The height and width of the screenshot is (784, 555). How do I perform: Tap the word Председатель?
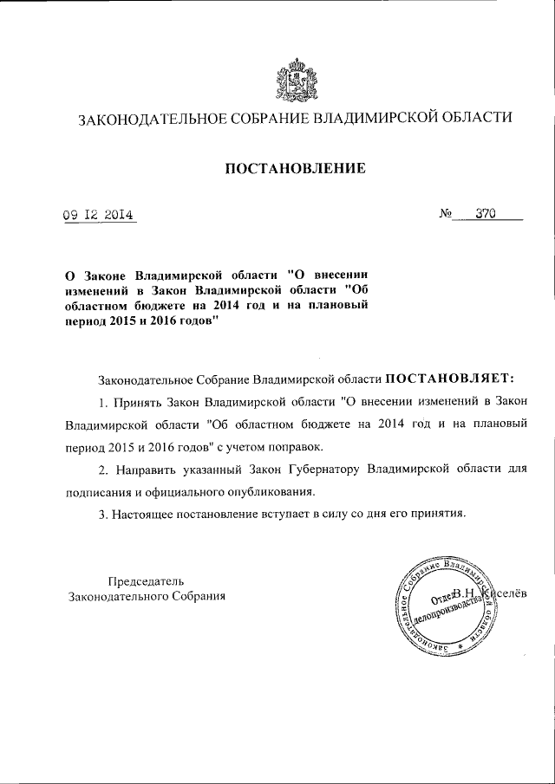tap(146, 580)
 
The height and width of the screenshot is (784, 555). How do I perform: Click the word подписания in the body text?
tap(101, 492)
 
